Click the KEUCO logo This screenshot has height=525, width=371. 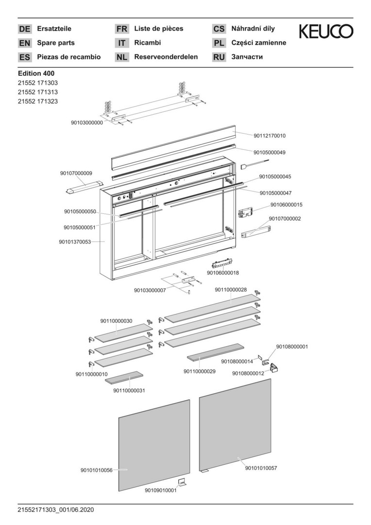(326, 33)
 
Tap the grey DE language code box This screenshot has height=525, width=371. (24, 29)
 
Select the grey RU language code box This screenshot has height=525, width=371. (219, 57)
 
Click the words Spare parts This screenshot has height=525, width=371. (56, 43)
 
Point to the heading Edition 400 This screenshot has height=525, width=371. (36, 73)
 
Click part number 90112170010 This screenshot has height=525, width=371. (270, 136)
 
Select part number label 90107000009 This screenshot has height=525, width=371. (76, 173)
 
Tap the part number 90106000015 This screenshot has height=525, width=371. (286, 205)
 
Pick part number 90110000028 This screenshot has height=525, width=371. (231, 290)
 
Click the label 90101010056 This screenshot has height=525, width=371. (97, 470)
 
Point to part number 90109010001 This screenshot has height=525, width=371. (161, 490)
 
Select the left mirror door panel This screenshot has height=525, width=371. (154, 445)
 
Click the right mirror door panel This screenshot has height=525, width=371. (235, 425)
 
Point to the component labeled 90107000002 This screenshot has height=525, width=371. (256, 232)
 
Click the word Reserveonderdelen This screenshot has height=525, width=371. (166, 57)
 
